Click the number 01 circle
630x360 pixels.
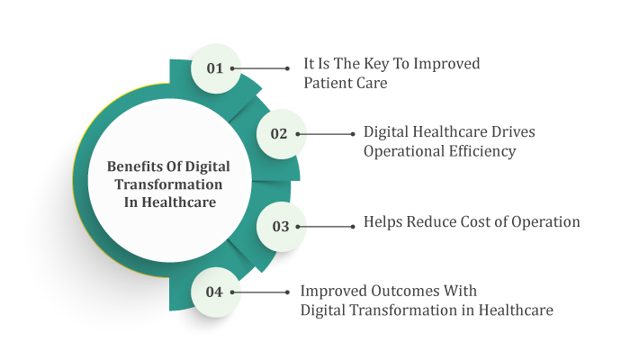pos(216,68)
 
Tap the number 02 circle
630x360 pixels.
pos(281,134)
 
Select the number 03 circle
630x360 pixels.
pos(281,227)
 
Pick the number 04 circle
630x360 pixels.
pos(216,292)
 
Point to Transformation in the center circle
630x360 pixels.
pos(168,184)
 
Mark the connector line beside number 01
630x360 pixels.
pos(260,68)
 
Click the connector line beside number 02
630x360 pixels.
pos(326,134)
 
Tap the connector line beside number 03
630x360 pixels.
pos(326,227)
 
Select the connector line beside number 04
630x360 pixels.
pos(260,292)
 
